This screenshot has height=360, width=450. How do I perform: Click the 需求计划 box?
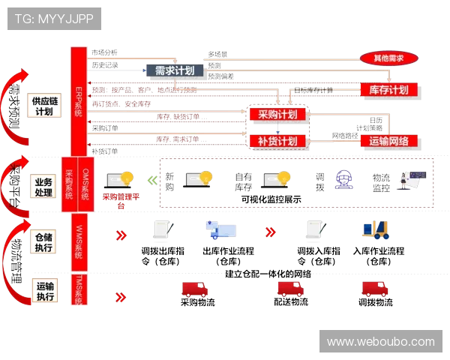[175, 71]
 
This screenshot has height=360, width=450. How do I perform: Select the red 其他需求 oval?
[388, 58]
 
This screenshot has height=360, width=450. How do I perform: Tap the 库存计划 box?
[388, 90]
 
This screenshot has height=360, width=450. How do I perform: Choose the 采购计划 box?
[277, 115]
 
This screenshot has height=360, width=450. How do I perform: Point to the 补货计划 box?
[277, 141]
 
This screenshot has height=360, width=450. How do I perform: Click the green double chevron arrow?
[152, 180]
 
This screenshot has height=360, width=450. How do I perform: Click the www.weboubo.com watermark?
[380, 342]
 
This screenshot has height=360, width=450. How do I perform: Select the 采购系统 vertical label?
[69, 184]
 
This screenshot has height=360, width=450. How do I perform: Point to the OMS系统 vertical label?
[85, 184]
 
